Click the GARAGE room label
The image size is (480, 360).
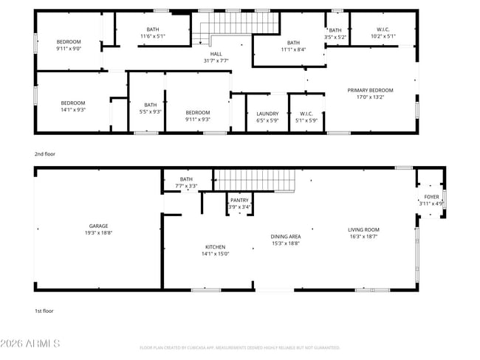pyautogui.click(x=99, y=226)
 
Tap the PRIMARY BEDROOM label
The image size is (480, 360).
pyautogui.click(x=371, y=90)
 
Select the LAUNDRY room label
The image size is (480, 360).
pyautogui.click(x=267, y=113)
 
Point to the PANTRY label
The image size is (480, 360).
pyautogui.click(x=239, y=200)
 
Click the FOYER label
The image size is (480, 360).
pyautogui.click(x=431, y=197)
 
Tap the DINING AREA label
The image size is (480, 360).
pyautogui.click(x=285, y=236)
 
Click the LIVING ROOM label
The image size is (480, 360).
pyautogui.click(x=363, y=230)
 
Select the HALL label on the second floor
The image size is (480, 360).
pyautogui.click(x=216, y=54)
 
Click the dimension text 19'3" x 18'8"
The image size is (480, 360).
pyautogui.click(x=99, y=233)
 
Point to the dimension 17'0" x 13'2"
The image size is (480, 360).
pyautogui.click(x=371, y=97)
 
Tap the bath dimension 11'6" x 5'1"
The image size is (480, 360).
pyautogui.click(x=153, y=36)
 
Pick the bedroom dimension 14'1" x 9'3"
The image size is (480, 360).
pyautogui.click(x=73, y=109)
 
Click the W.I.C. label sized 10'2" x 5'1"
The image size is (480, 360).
pyautogui.click(x=383, y=30)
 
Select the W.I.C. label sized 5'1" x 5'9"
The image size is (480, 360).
pyautogui.click(x=305, y=113)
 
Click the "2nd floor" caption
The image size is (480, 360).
pyautogui.click(x=44, y=154)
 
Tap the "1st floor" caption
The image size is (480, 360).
pyautogui.click(x=44, y=311)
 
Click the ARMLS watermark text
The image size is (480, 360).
pyautogui.click(x=31, y=344)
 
